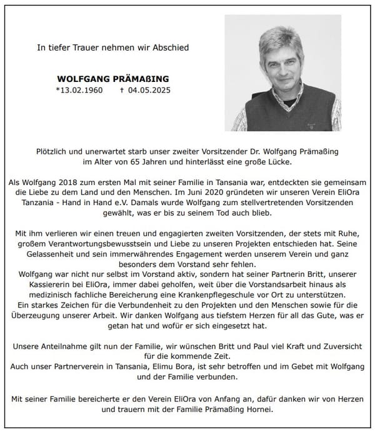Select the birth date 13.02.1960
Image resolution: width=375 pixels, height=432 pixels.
click(80, 91)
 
